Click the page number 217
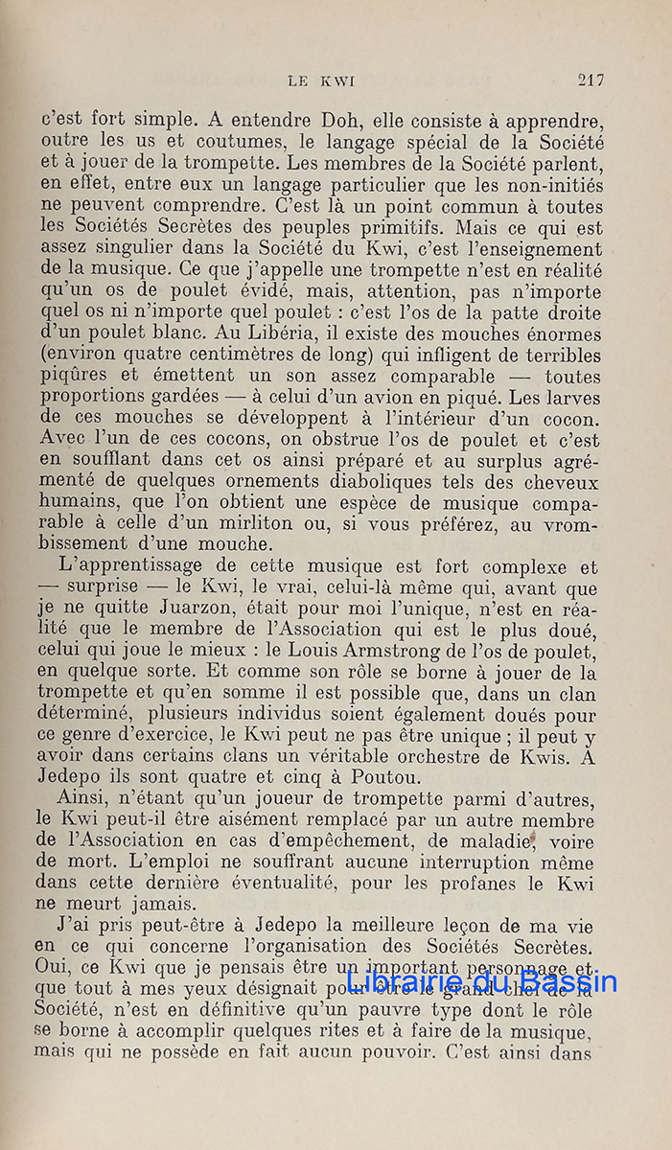tap(590, 80)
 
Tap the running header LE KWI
tap(321, 81)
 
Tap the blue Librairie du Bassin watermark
tap(482, 979)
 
